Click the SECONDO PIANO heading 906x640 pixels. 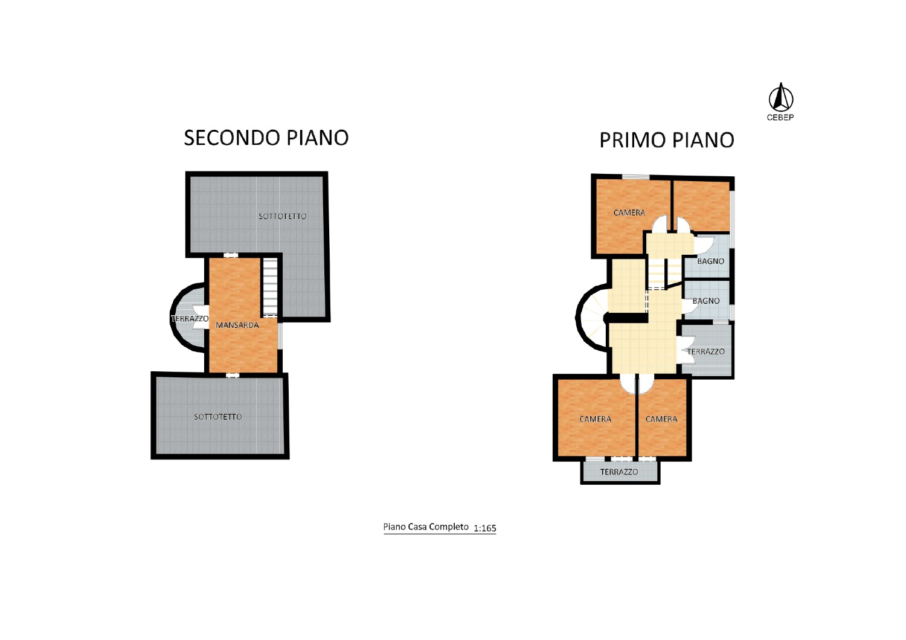click(x=266, y=138)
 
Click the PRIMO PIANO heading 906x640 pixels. click(x=667, y=140)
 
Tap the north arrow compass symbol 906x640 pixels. click(x=780, y=97)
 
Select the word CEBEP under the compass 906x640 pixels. click(x=780, y=117)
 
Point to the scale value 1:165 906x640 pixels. click(x=484, y=528)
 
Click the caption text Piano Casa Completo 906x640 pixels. click(x=426, y=527)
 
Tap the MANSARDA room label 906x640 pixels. click(x=237, y=325)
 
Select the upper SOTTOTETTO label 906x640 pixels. click(x=283, y=216)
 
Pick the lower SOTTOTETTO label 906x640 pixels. click(x=218, y=417)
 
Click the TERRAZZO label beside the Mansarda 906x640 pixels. click(x=190, y=319)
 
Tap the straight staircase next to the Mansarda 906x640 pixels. click(x=270, y=287)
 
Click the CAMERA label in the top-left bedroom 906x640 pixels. click(x=629, y=213)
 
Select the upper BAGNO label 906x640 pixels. click(x=711, y=261)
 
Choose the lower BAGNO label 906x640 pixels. click(x=706, y=301)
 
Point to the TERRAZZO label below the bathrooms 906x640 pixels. click(x=706, y=352)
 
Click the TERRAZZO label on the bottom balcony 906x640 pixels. click(x=619, y=472)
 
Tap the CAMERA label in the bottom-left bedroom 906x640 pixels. click(x=596, y=419)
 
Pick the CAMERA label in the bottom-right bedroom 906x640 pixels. click(x=661, y=419)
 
